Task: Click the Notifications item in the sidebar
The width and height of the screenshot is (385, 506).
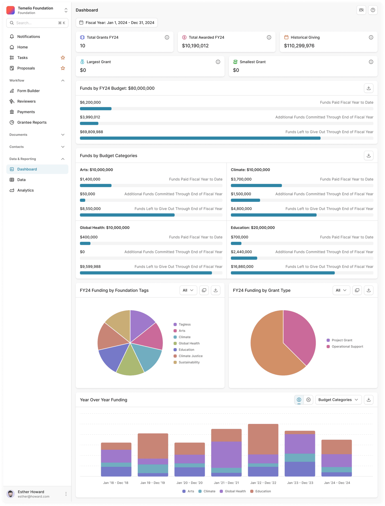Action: [x=28, y=36]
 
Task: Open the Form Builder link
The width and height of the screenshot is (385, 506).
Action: [x=28, y=91]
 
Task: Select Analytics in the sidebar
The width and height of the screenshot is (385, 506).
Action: [x=25, y=190]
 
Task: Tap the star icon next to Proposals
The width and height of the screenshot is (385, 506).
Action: [x=63, y=68]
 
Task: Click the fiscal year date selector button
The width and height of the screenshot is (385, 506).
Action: [x=117, y=23]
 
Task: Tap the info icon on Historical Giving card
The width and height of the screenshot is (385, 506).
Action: [x=371, y=38]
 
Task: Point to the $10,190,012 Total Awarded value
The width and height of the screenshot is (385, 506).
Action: [x=195, y=46]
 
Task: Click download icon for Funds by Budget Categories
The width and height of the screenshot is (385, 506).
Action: [x=369, y=155]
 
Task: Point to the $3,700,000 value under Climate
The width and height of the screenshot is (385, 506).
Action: [x=241, y=179]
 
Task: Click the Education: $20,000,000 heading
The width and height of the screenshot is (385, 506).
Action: [x=253, y=228]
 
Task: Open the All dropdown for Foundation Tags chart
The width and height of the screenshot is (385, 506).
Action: [x=188, y=290]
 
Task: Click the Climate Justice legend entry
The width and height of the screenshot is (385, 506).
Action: [x=190, y=356]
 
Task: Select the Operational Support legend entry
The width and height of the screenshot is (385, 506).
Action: [x=347, y=346]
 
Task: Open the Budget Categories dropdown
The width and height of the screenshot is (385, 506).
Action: [x=338, y=400]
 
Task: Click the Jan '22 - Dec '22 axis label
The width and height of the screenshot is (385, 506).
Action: [x=263, y=483]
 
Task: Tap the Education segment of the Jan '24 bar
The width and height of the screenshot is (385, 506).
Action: [x=336, y=447]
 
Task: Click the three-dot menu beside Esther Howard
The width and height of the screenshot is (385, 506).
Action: [x=66, y=494]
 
